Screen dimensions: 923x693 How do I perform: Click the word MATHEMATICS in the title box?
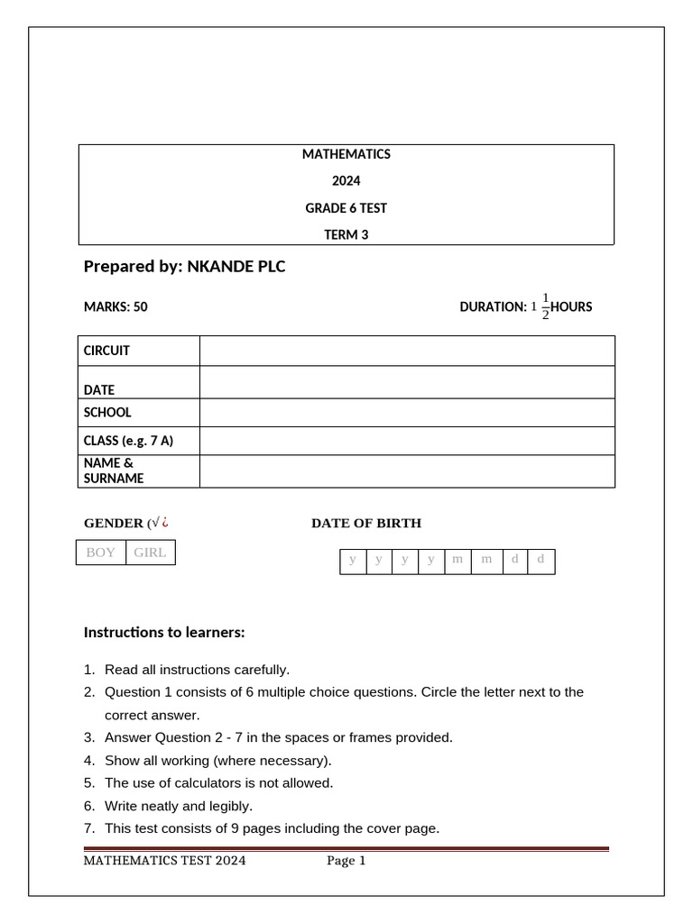pyautogui.click(x=346, y=154)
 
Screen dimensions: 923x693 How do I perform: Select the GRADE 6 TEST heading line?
pyautogui.click(x=346, y=208)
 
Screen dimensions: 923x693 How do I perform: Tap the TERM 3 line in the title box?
pyautogui.click(x=346, y=235)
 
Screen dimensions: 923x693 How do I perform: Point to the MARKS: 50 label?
pyautogui.click(x=115, y=306)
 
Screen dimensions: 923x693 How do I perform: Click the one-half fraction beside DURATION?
pyautogui.click(x=545, y=306)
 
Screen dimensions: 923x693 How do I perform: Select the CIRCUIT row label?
pyautogui.click(x=106, y=351)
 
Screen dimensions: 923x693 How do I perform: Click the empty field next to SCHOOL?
pyautogui.click(x=407, y=413)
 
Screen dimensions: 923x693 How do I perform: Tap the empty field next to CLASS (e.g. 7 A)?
pyautogui.click(x=407, y=441)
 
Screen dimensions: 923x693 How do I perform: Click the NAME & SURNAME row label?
pyautogui.click(x=114, y=471)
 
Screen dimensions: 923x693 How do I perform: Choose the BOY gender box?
pyautogui.click(x=101, y=553)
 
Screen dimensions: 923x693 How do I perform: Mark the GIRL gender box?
pyautogui.click(x=150, y=553)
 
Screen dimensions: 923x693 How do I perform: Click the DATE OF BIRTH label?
pyautogui.click(x=366, y=523)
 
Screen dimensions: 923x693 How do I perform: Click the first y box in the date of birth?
pyautogui.click(x=353, y=561)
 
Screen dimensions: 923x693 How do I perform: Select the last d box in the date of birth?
pyautogui.click(x=541, y=561)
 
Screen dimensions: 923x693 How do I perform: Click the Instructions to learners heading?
pyautogui.click(x=164, y=633)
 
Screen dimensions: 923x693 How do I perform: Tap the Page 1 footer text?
pyautogui.click(x=346, y=861)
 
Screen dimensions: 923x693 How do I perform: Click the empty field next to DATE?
pyautogui.click(x=407, y=382)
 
